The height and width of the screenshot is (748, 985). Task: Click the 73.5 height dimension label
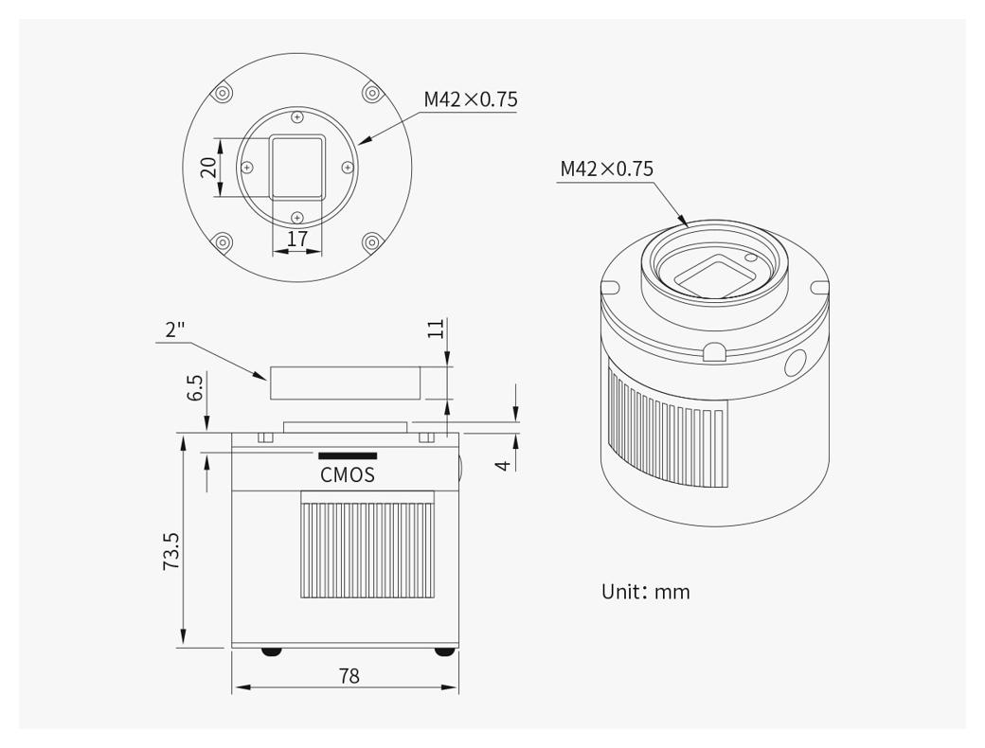coord(171,551)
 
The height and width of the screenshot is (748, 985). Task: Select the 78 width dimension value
coord(349,676)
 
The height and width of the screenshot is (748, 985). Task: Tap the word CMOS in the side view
coord(348,474)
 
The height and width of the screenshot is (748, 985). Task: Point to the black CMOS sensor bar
coord(348,455)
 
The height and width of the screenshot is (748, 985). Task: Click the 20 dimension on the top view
coord(208,167)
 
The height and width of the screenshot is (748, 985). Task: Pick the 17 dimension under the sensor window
coord(297,239)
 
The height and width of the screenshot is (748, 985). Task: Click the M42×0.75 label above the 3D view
coord(607,169)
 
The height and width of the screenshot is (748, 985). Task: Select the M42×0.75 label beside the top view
coord(471,99)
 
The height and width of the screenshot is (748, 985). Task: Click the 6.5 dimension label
coord(195,388)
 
